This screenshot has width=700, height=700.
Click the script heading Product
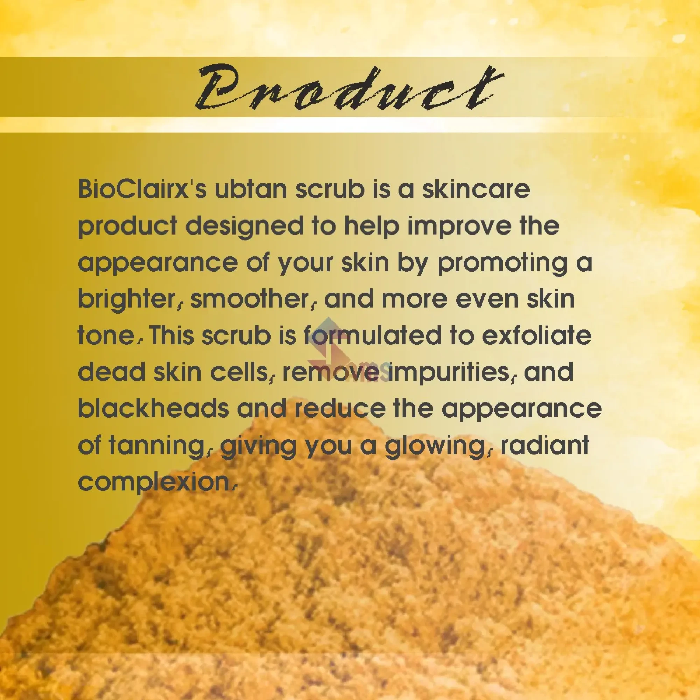pyautogui.click(x=349, y=88)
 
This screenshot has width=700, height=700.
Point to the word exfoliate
pyautogui.click(x=536, y=336)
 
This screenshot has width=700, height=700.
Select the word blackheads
pyautogui.click(x=154, y=409)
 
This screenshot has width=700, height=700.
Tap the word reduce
pyautogui.click(x=340, y=409)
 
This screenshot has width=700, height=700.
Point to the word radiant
pyautogui.click(x=545, y=445)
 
